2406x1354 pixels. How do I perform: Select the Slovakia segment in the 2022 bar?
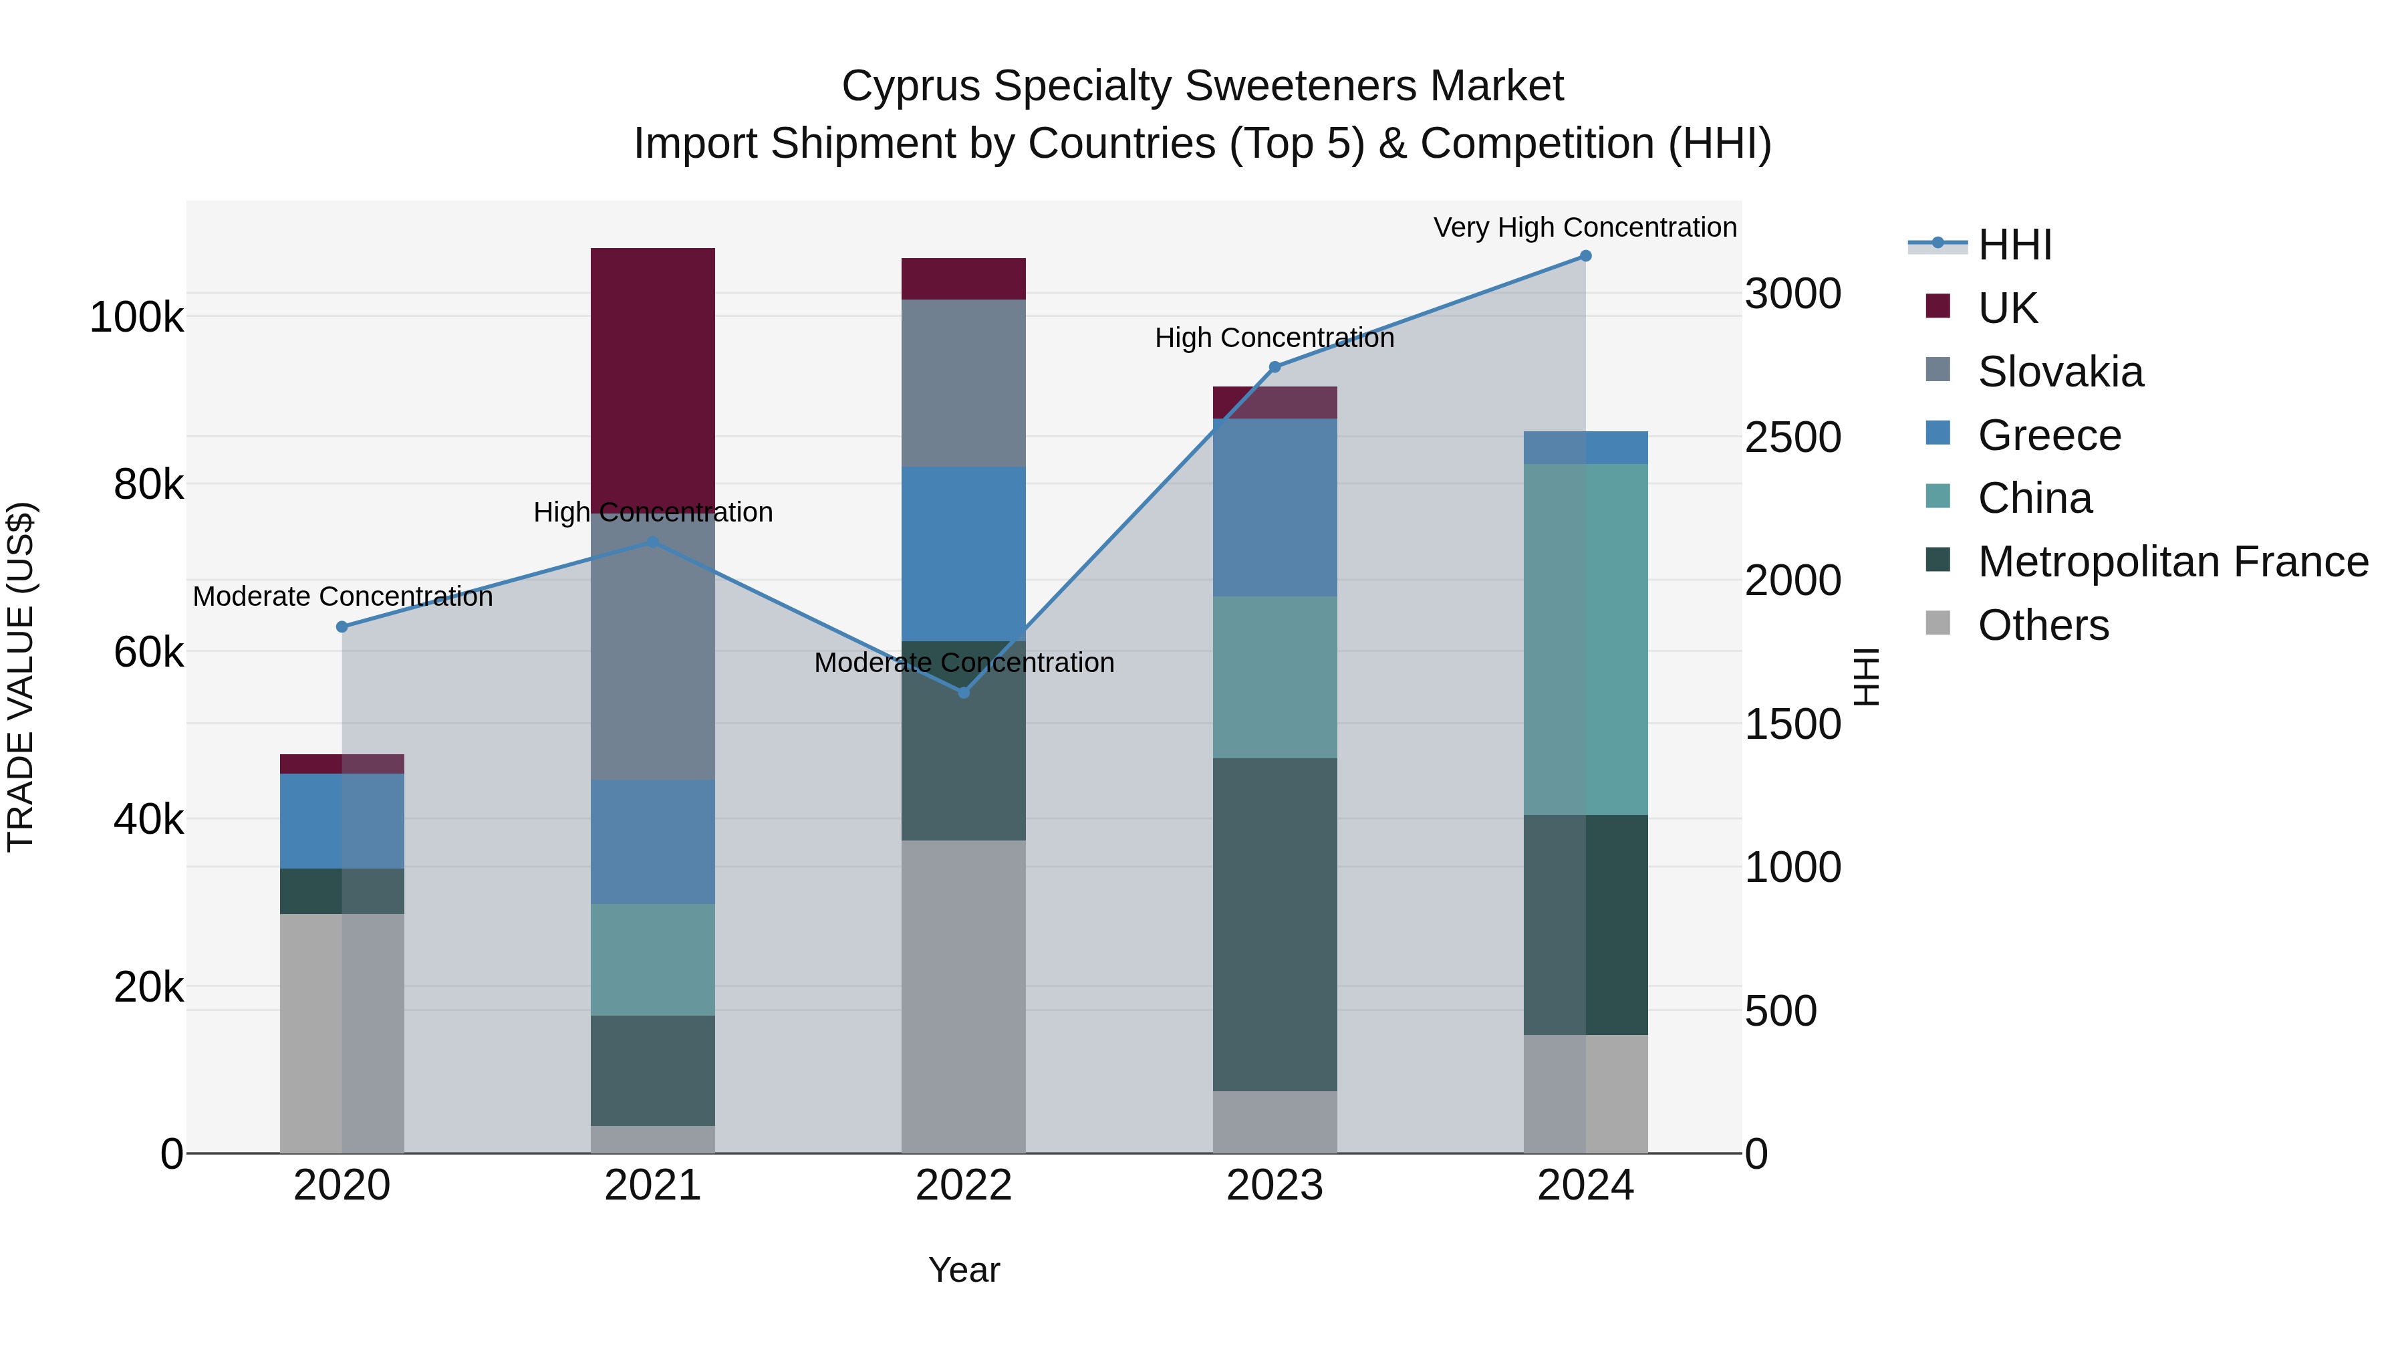coord(963,382)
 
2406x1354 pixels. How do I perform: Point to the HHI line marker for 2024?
coord(1585,256)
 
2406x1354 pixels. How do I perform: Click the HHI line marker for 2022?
coord(964,693)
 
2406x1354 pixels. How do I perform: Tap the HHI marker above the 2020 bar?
coord(342,627)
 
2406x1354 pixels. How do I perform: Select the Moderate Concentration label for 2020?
coord(342,596)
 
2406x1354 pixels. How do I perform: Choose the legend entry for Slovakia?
coord(2060,372)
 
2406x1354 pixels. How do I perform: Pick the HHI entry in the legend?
coord(2014,245)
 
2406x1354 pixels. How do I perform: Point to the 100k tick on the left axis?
coord(136,318)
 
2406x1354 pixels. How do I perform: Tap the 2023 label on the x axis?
coord(1274,1186)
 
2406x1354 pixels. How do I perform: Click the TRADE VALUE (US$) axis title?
coord(21,677)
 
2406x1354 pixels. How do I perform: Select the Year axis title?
coord(963,1270)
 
